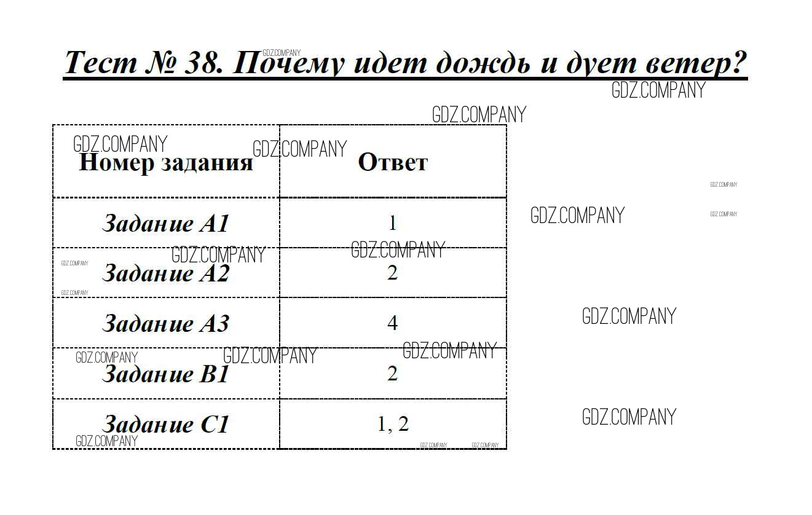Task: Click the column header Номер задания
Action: click(166, 163)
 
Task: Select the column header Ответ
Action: click(393, 162)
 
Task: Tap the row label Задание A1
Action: click(166, 223)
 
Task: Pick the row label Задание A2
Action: click(166, 273)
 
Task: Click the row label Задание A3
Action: click(166, 323)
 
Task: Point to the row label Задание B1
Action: click(166, 374)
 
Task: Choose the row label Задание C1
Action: click(166, 423)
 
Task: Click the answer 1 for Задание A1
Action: click(393, 223)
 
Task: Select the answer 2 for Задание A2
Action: click(393, 272)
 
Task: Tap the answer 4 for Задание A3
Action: click(393, 323)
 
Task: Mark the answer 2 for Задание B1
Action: click(393, 373)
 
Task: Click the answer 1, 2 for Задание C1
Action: click(393, 424)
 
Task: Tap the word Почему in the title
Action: click(288, 63)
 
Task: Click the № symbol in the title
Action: click(160, 62)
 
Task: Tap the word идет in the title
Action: click(390, 62)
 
